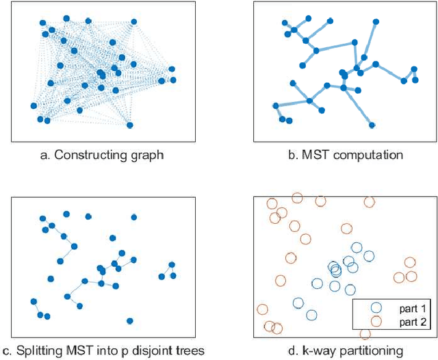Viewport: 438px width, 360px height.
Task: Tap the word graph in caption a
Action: [147, 155]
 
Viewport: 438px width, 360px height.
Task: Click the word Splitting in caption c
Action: [39, 351]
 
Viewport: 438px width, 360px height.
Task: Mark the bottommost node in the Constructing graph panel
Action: [130, 125]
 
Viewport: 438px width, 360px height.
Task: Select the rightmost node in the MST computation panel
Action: [414, 69]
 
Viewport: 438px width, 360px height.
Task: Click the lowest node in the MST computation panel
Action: [372, 125]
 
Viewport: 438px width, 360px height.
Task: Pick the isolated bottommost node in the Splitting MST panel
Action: [130, 320]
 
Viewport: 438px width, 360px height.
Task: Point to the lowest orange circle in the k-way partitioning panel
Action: [365, 334]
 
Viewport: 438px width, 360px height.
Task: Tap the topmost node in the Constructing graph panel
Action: [66, 18]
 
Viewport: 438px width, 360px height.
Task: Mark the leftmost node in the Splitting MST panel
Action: [34, 301]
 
